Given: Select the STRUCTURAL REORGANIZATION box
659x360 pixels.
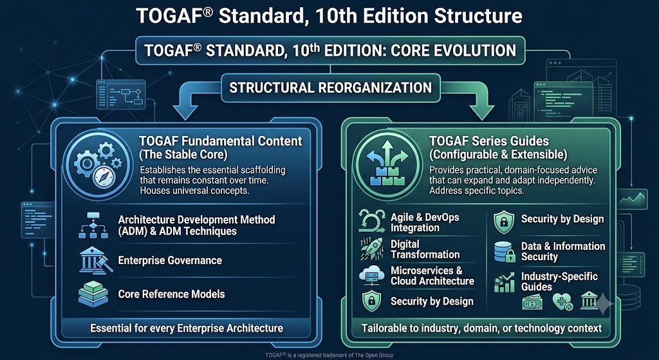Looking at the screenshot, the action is tap(330, 88).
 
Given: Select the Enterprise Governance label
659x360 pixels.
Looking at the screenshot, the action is tap(170, 260).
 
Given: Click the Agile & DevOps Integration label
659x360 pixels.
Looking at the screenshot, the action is tap(425, 222).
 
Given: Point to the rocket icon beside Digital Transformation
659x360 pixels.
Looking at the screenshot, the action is tap(371, 249).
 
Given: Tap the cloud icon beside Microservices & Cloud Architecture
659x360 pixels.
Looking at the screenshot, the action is tap(371, 276).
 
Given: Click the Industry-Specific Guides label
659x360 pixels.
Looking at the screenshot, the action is tap(559, 282).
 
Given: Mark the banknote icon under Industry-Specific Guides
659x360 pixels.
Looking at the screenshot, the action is tap(532, 303).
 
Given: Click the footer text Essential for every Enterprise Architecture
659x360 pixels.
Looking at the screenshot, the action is tap(187, 328).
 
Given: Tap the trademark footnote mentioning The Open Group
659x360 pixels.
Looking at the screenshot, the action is tap(329, 355).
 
